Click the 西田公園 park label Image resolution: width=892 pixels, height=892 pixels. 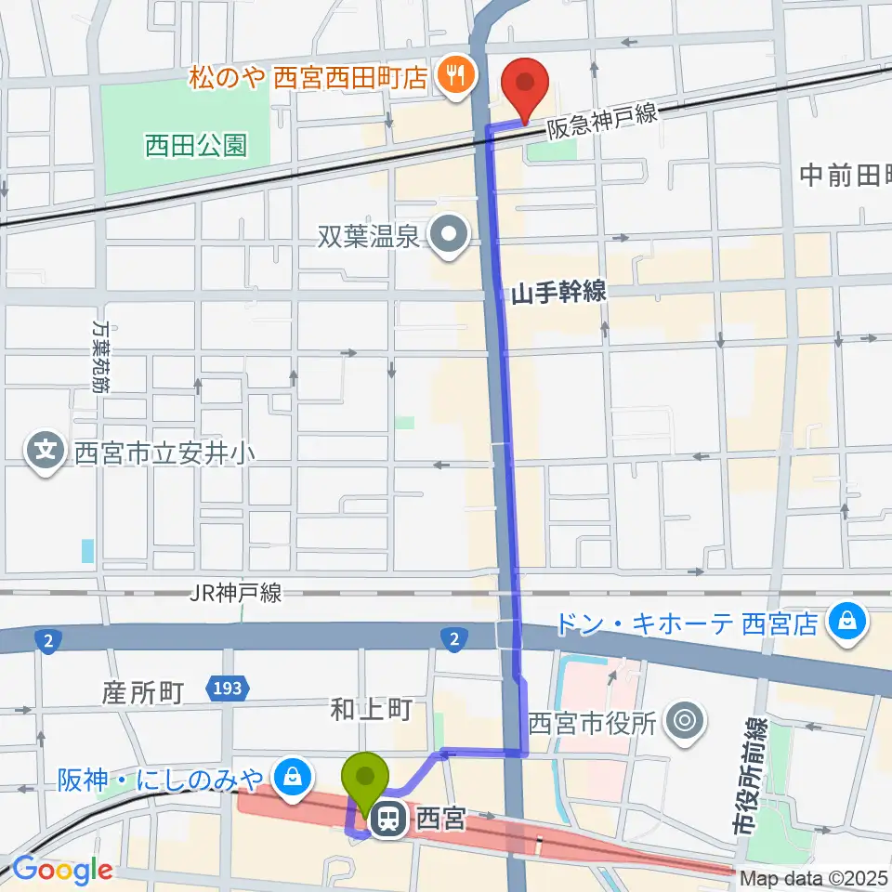click(x=195, y=145)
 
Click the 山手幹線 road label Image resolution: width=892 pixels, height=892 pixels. click(x=557, y=293)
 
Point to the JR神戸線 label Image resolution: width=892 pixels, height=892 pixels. click(x=235, y=593)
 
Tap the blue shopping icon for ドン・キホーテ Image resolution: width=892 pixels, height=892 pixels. click(x=846, y=622)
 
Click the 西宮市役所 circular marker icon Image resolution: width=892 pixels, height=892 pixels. click(x=687, y=720)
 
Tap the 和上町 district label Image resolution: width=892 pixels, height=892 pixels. click(x=371, y=711)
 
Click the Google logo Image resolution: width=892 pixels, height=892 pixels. click(x=61, y=871)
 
